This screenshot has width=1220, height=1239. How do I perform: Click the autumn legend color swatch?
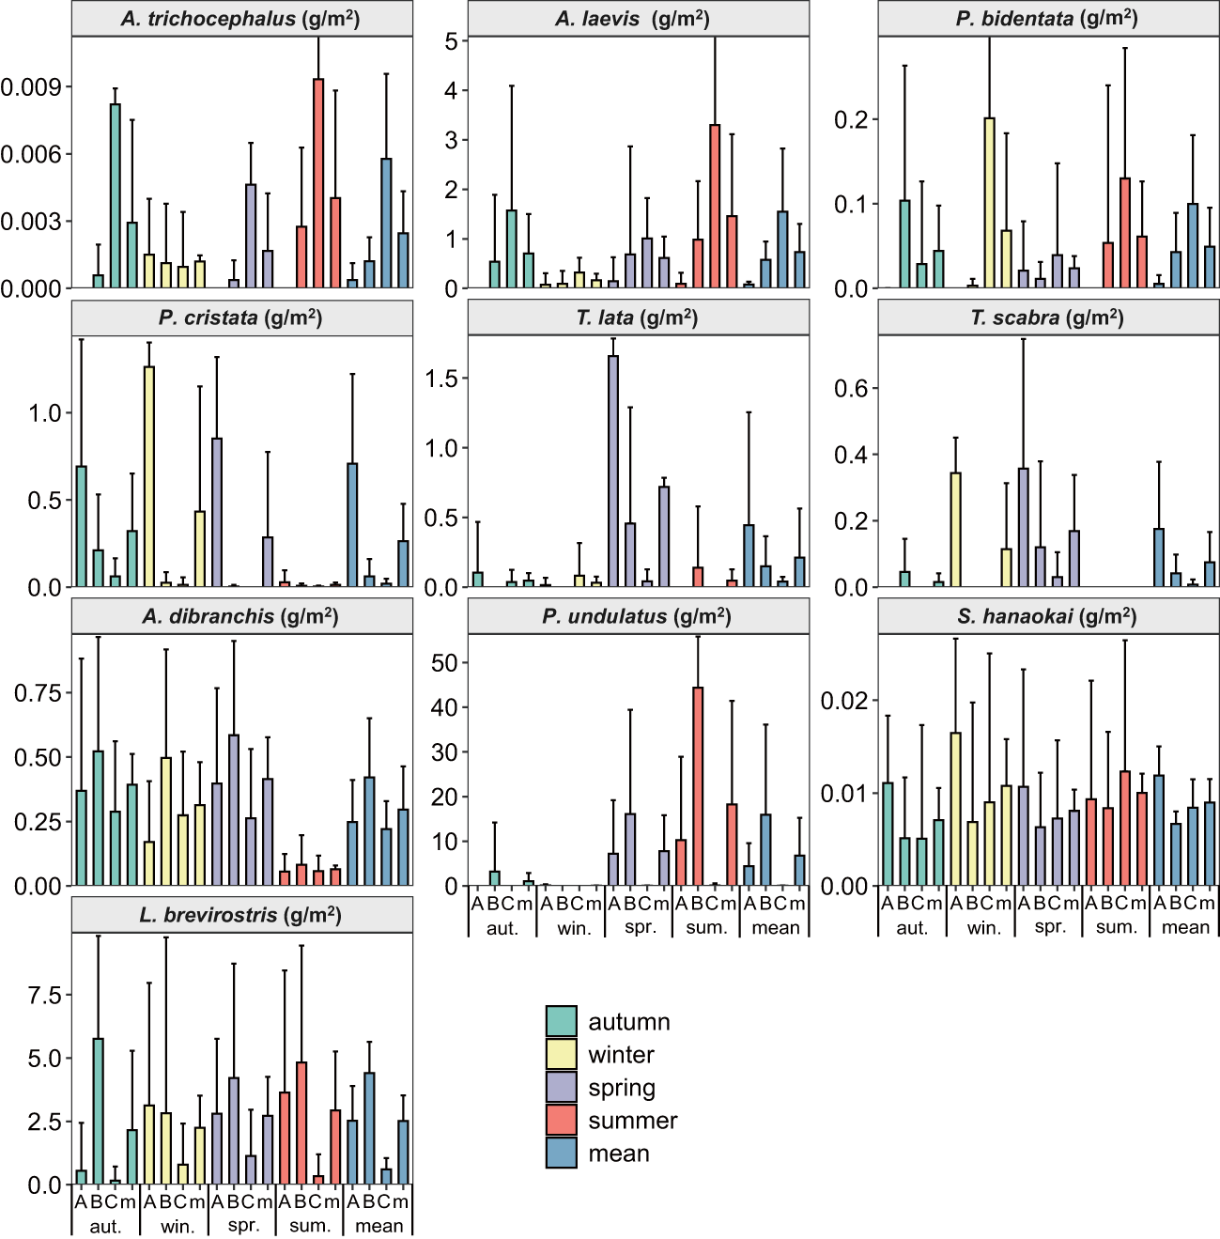[562, 1021]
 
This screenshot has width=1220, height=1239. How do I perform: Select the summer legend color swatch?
[562, 1120]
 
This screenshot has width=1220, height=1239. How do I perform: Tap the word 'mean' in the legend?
[619, 1154]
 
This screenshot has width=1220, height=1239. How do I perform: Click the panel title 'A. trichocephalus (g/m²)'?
[241, 19]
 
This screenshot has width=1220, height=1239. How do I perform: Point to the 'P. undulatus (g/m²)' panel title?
[638, 617]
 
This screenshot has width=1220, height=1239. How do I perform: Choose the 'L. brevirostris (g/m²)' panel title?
[241, 915]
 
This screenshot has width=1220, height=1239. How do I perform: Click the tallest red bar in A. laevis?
[715, 207]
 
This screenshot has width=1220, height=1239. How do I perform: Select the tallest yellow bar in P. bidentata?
[989, 203]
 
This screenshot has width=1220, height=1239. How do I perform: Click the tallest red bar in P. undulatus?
[698, 787]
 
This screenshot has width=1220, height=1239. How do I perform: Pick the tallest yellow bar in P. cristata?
[149, 477]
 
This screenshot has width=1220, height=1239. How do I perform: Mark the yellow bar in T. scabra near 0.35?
[955, 530]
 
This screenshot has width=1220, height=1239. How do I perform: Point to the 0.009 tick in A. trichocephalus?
[30, 87]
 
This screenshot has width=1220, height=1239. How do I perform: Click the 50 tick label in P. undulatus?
[443, 663]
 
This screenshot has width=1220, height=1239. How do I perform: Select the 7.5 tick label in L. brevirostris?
[44, 995]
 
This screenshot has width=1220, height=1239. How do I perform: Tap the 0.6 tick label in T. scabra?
[852, 389]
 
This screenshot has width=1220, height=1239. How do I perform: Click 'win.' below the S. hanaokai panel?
[984, 928]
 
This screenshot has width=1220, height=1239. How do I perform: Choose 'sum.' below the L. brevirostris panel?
[310, 1226]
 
